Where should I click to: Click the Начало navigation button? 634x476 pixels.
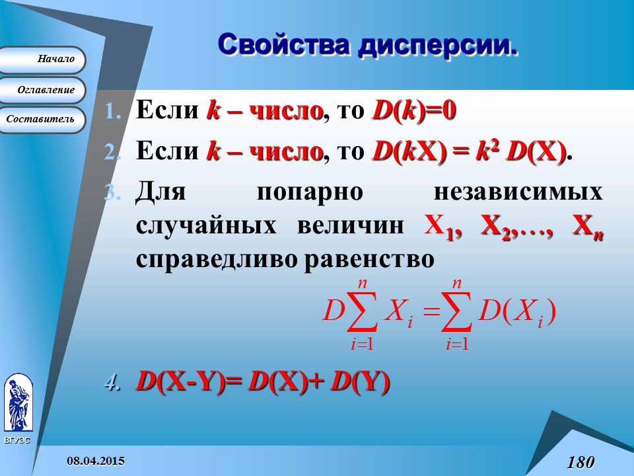(x=42, y=59)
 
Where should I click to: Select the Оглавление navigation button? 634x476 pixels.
(x=42, y=90)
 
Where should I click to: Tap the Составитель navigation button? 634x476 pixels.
(x=42, y=120)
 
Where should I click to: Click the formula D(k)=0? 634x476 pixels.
(x=414, y=110)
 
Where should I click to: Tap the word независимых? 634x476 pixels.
(x=518, y=192)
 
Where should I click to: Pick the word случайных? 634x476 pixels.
(x=205, y=225)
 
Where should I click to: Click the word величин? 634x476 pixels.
(x=349, y=225)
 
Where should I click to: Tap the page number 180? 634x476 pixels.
(x=581, y=461)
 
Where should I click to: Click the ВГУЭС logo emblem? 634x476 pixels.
(x=18, y=402)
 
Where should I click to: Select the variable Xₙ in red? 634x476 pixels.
(x=587, y=227)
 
